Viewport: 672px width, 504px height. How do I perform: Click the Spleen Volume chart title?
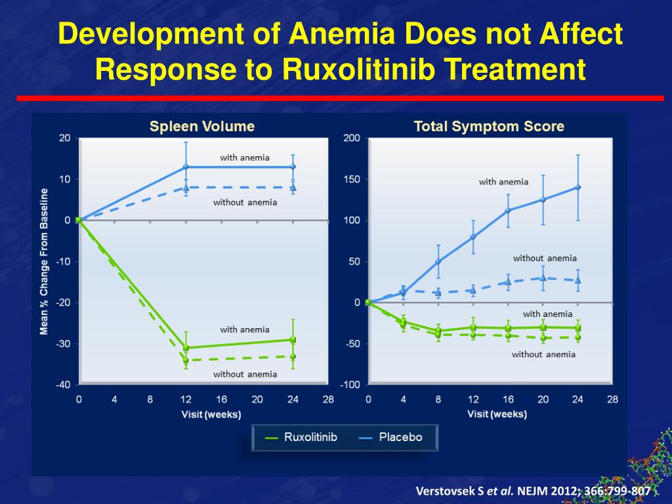tap(201, 126)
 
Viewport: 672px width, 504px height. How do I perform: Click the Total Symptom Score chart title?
tap(489, 126)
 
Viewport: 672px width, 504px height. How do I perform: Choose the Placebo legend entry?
tap(392, 437)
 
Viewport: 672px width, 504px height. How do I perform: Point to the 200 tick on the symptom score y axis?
tap(352, 138)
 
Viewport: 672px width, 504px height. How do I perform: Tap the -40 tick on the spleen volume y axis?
tap(63, 385)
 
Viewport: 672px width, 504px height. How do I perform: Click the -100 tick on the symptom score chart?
tap(349, 385)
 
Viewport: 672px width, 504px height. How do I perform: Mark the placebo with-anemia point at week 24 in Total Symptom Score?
tap(577, 187)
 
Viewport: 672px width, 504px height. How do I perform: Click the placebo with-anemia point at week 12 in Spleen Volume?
tap(186, 167)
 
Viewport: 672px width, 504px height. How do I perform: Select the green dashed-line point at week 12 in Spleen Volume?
tap(186, 360)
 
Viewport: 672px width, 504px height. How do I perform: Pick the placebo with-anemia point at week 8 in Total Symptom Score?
tap(438, 261)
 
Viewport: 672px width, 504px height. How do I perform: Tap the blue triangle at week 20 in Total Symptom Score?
tap(543, 278)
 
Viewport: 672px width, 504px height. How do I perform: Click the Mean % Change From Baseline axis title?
tap(45, 261)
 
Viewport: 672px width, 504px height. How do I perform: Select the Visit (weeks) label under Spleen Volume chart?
tap(211, 414)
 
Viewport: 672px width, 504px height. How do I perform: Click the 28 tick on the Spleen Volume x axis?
tap(328, 399)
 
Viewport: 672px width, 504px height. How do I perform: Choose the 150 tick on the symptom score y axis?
tap(352, 179)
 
